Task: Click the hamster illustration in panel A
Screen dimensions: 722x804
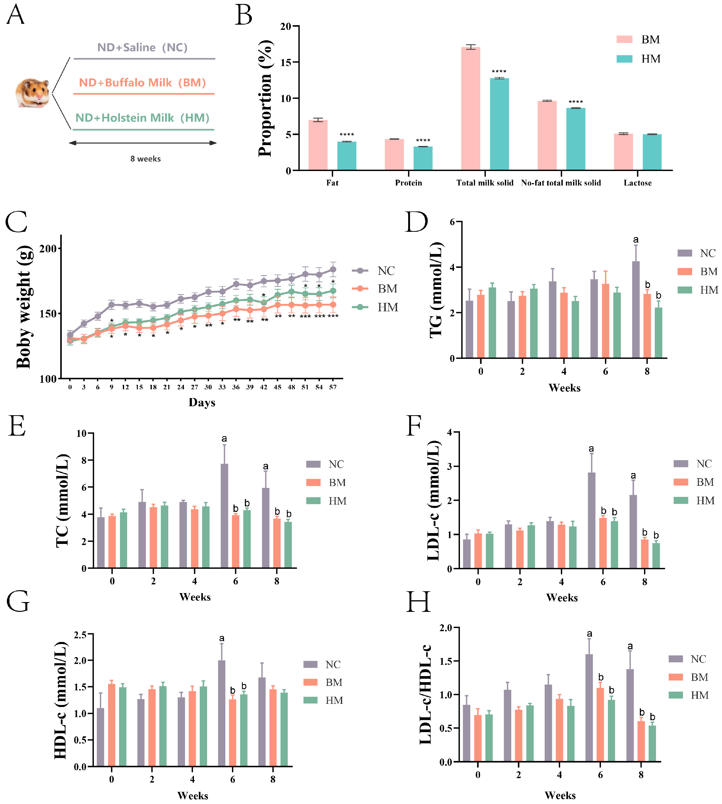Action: click(32, 93)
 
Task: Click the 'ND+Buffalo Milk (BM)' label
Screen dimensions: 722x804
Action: click(142, 82)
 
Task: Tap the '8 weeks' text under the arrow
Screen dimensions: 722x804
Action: click(146, 159)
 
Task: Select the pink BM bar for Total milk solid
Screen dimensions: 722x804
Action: click(471, 109)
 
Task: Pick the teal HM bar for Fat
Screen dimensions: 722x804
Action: click(347, 156)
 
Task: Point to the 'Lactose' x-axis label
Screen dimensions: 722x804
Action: click(637, 183)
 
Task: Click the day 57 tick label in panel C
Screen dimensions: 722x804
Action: click(333, 387)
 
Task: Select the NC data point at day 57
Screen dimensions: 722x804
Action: click(333, 270)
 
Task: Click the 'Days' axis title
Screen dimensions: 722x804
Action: click(202, 403)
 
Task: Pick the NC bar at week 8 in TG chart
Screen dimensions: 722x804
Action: click(636, 309)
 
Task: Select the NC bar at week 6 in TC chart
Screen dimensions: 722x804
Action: click(224, 516)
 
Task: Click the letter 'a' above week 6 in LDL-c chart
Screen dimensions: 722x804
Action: click(591, 449)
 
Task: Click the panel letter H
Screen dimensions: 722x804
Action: click(418, 602)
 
